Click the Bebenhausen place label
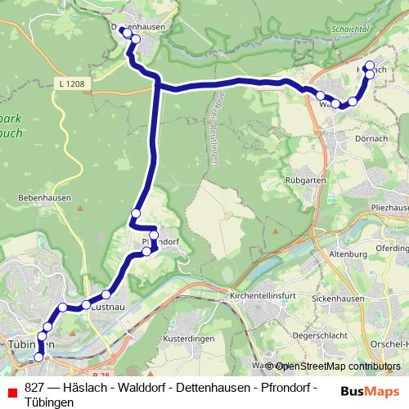(x=45, y=198)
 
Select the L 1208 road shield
(x=72, y=83)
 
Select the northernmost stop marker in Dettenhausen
(x=123, y=30)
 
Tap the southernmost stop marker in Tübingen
(x=38, y=357)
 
